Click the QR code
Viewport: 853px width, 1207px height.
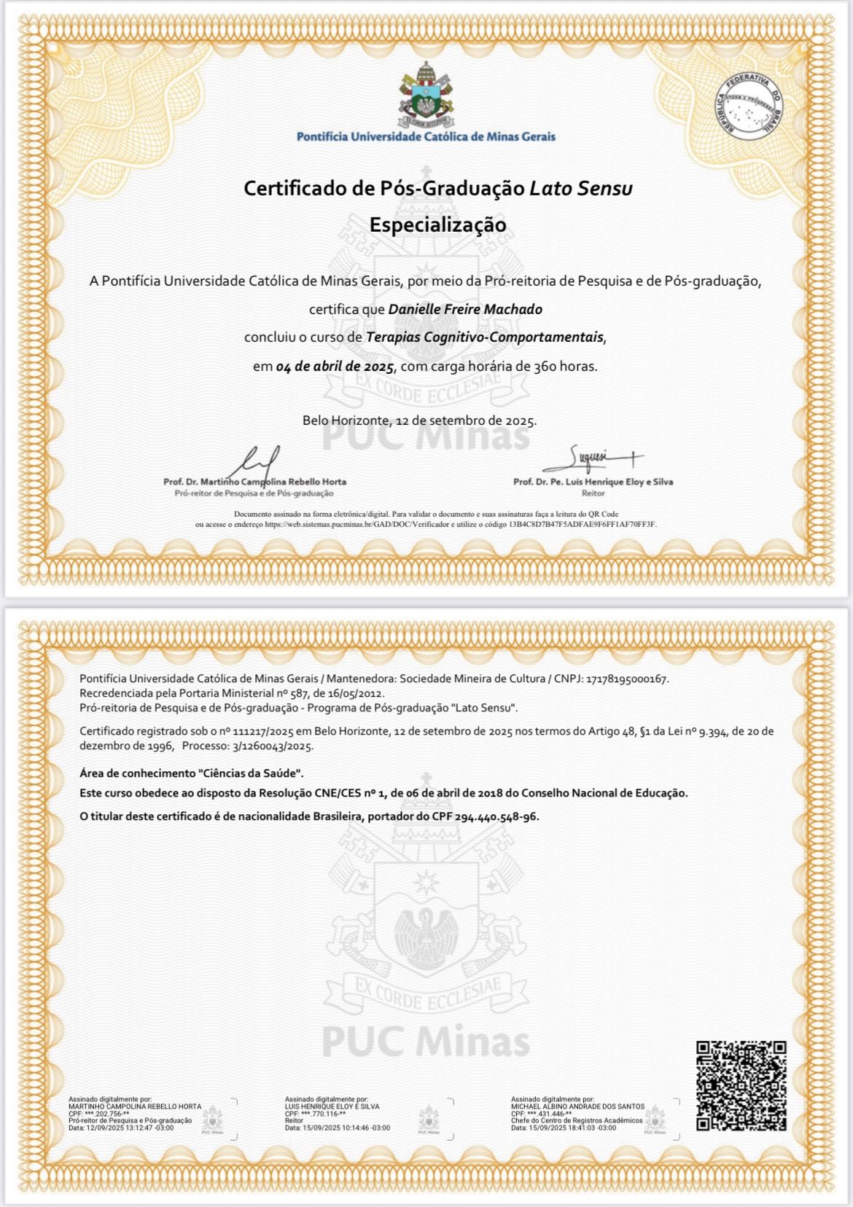pyautogui.click(x=741, y=1085)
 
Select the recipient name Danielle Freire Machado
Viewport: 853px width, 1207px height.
pyautogui.click(x=465, y=309)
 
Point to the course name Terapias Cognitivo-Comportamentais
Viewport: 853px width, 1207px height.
pyautogui.click(x=485, y=337)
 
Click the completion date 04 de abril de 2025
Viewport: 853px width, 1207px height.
pyautogui.click(x=335, y=366)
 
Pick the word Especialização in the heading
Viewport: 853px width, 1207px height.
pyautogui.click(x=437, y=224)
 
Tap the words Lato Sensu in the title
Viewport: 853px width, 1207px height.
pyautogui.click(x=580, y=188)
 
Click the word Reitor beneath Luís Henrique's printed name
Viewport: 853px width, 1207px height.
pyautogui.click(x=593, y=493)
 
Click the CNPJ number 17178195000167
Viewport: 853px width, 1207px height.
pyautogui.click(x=627, y=679)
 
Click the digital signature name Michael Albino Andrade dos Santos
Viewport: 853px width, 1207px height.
pyautogui.click(x=577, y=1106)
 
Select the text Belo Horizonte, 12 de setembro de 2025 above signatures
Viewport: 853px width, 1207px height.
pyautogui.click(x=419, y=421)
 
